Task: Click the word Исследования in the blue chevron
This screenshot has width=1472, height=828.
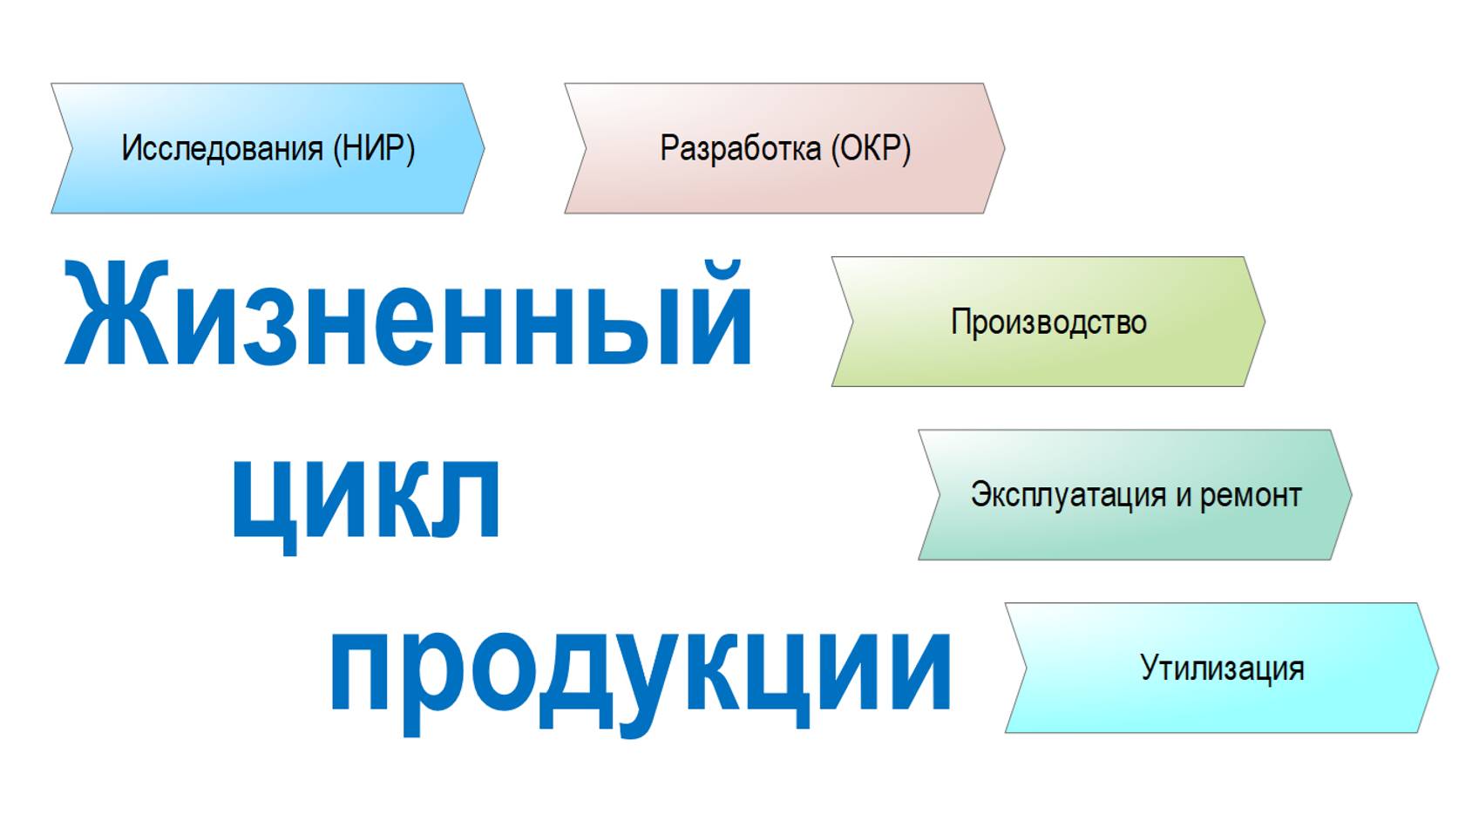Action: point(222,148)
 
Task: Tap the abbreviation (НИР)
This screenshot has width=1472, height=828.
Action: point(373,148)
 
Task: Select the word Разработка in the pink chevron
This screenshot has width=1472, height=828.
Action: point(740,148)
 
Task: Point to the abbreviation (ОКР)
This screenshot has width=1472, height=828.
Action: point(870,148)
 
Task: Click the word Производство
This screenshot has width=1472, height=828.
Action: point(1048,322)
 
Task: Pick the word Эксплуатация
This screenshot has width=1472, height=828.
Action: point(1068,495)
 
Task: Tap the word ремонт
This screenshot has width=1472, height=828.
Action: point(1251,495)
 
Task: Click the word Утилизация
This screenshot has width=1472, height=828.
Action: point(1222,669)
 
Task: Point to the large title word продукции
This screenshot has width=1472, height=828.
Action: point(641,671)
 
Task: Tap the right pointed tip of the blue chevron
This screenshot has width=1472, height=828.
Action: point(483,148)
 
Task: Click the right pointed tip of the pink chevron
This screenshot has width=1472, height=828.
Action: point(1003,148)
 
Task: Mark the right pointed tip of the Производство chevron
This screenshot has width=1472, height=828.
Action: point(1263,322)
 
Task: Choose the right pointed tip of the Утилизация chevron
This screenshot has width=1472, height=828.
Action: point(1436,669)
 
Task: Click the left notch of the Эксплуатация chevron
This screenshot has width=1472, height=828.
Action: point(940,494)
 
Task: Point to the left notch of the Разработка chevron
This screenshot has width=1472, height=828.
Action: point(586,148)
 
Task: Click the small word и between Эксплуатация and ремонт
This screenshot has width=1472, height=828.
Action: point(1183,496)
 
